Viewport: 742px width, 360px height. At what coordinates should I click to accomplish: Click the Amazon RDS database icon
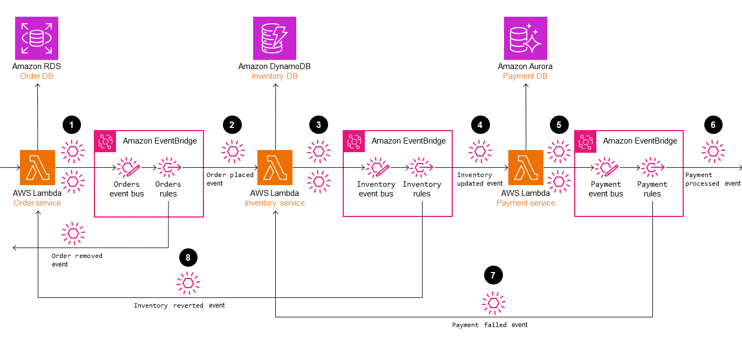tap(37, 38)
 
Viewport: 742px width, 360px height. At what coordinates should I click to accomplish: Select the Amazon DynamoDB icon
tap(275, 38)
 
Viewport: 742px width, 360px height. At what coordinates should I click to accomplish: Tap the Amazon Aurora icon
tap(525, 38)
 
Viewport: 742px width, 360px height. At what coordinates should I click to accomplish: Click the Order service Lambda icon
tap(37, 167)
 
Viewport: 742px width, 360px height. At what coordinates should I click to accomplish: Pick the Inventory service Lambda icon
tap(275, 167)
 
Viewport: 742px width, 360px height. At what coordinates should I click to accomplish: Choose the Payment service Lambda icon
tap(526, 167)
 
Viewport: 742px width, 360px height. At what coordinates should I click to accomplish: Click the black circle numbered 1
tap(72, 125)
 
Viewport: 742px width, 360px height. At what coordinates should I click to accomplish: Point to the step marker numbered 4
tap(480, 125)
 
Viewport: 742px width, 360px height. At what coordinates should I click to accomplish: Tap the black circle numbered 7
tap(493, 275)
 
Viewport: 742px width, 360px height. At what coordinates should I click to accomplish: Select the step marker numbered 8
tap(188, 258)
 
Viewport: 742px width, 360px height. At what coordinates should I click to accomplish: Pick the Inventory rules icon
tap(421, 167)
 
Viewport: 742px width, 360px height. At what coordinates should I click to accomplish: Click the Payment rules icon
tap(652, 167)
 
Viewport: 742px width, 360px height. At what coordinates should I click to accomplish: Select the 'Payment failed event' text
tap(489, 325)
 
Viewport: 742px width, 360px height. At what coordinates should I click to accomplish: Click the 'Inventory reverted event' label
tap(179, 305)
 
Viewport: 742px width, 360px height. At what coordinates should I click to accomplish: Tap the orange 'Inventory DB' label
tap(275, 76)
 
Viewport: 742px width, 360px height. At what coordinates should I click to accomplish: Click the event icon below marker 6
tap(713, 151)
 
